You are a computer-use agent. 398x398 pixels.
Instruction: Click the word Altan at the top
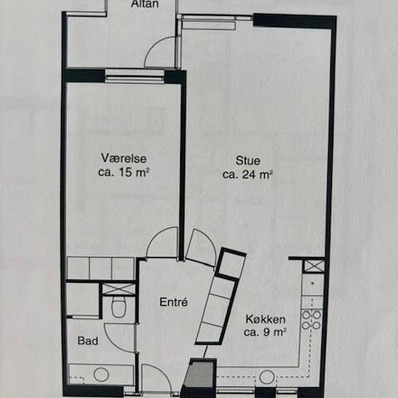pos(145,5)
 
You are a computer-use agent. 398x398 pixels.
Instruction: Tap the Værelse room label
pos(119,158)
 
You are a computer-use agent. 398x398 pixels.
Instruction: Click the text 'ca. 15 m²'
pos(123,172)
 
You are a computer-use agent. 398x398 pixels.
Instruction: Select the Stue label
pos(247,160)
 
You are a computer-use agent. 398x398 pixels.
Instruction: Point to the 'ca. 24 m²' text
pos(247,174)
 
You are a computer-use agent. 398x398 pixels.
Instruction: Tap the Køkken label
pos(265,319)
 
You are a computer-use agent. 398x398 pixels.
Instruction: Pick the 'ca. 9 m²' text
pos(265,332)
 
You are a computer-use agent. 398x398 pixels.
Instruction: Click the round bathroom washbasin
pos(101,374)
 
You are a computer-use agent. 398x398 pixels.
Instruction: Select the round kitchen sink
pos(267,377)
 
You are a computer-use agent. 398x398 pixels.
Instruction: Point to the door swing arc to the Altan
pos(160,53)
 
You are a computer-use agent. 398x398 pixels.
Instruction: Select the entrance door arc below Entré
pos(156,376)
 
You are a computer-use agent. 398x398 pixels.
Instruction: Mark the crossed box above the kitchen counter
pos(314,265)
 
